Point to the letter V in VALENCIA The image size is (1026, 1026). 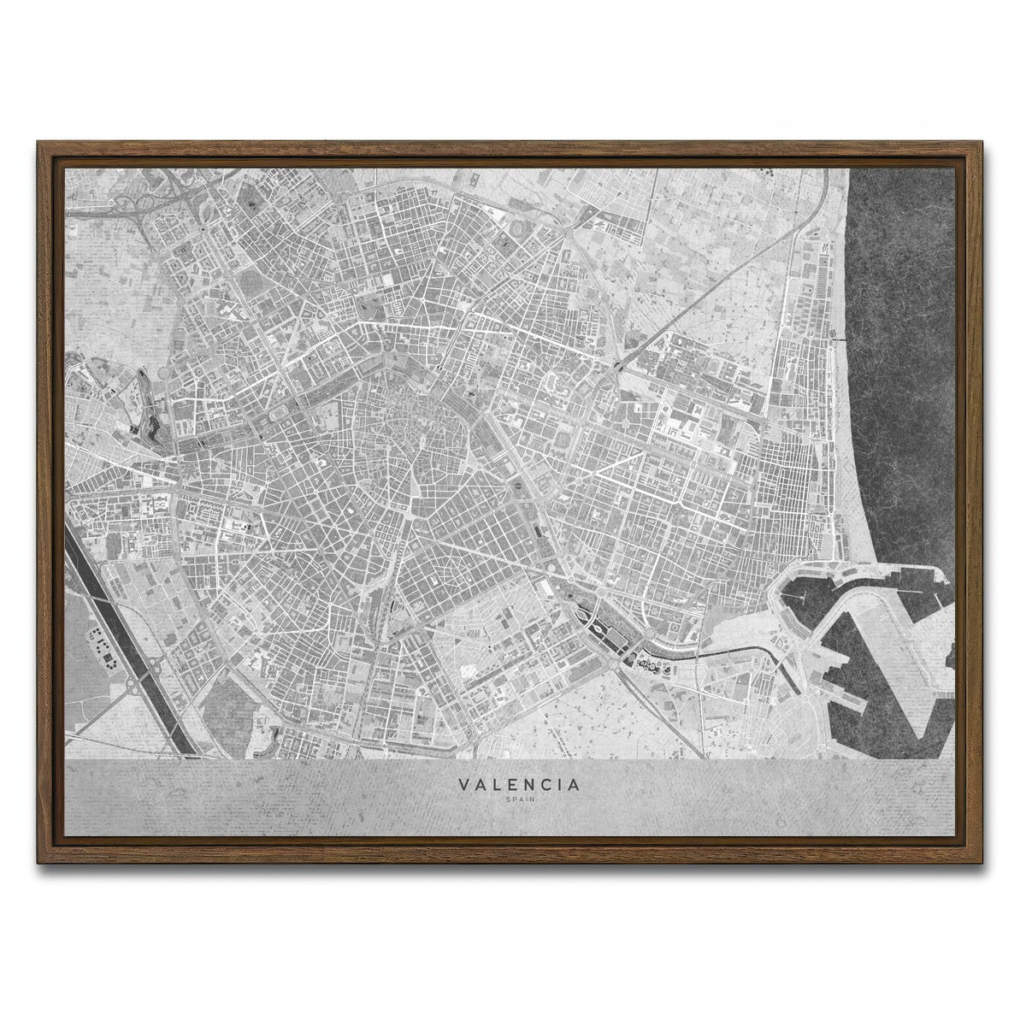[x=463, y=784]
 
